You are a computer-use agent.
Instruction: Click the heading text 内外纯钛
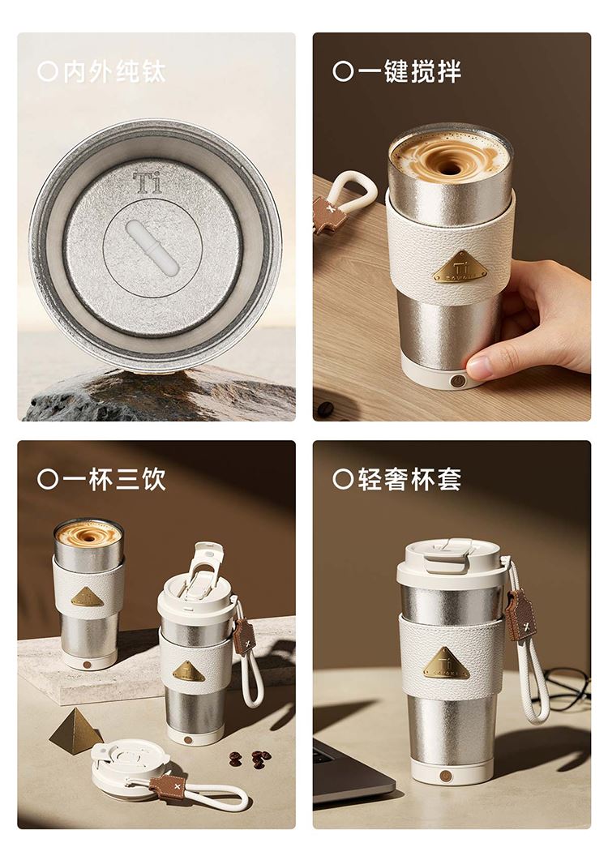tap(114, 71)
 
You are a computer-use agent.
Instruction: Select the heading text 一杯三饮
tap(114, 479)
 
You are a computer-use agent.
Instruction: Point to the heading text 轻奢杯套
tap(409, 479)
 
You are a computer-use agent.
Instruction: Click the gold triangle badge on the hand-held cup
tap(460, 267)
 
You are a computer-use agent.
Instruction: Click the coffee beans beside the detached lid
tap(250, 759)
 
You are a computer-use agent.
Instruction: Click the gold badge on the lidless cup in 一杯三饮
tap(87, 597)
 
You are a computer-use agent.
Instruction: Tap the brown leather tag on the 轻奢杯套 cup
tap(520, 614)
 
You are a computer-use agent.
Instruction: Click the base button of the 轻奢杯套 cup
tap(446, 775)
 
